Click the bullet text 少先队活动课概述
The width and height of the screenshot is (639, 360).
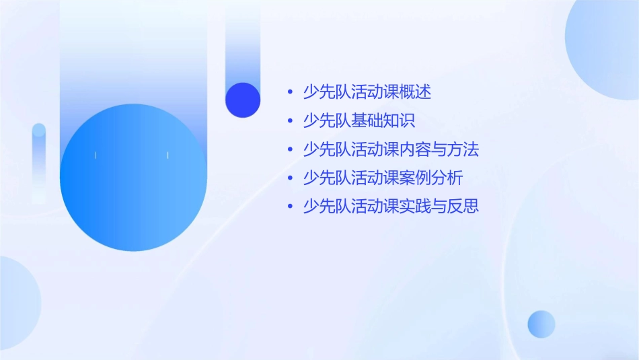tap(367, 92)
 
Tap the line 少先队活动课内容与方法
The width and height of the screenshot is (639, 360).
tap(391, 149)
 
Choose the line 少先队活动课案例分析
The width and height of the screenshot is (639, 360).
tap(383, 178)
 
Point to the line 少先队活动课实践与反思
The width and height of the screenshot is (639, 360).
tap(391, 207)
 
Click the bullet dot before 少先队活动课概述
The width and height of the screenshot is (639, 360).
tap(290, 93)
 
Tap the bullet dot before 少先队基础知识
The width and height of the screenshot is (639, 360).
tap(290, 122)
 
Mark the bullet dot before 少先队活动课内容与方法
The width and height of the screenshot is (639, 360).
tap(290, 150)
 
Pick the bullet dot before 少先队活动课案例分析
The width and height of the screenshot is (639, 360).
tap(290, 179)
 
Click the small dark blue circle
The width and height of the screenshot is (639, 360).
tap(243, 100)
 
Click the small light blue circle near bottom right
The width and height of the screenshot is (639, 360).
tap(541, 324)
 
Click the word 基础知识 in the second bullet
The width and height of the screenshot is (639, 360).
tap(383, 121)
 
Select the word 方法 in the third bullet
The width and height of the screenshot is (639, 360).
tap(463, 149)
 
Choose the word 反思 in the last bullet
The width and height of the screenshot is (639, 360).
tap(463, 207)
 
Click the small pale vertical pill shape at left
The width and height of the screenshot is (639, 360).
tap(39, 161)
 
